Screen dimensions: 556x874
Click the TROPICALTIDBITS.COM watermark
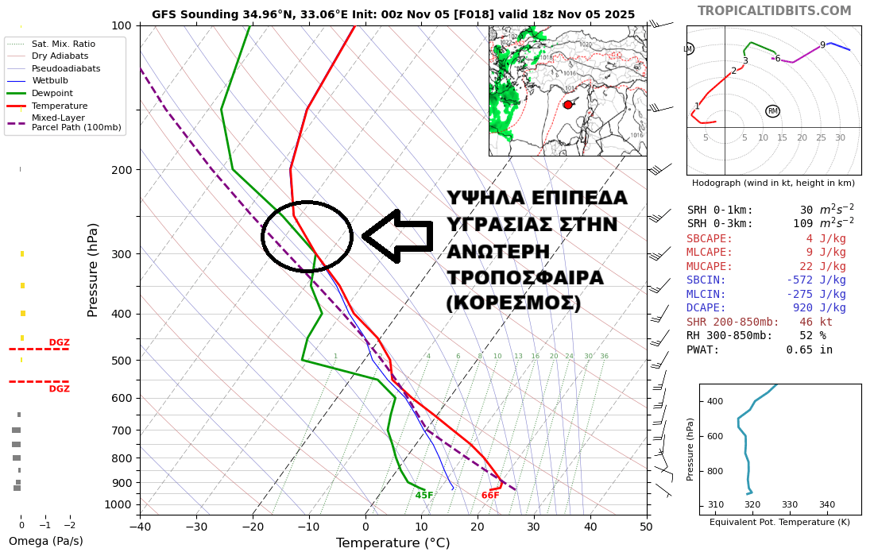[x=774, y=11]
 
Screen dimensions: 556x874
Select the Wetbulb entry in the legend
[x=49, y=80]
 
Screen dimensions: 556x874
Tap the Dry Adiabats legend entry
[x=60, y=56]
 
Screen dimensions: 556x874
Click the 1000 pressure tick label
[x=118, y=504]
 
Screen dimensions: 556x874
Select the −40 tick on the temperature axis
[x=140, y=526]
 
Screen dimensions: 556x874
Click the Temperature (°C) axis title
[x=393, y=543]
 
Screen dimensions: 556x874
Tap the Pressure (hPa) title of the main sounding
[x=94, y=269]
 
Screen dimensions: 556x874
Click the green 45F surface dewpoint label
[x=424, y=496]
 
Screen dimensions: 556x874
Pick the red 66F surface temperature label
[x=490, y=496]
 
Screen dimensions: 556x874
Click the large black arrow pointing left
[x=397, y=236]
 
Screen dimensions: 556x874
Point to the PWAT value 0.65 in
[x=809, y=349]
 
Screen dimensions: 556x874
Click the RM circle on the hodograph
[x=772, y=111]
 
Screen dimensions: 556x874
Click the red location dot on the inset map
[x=567, y=105]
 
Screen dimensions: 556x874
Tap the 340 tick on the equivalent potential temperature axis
[x=826, y=504]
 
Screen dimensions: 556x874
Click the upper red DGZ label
[x=59, y=343]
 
